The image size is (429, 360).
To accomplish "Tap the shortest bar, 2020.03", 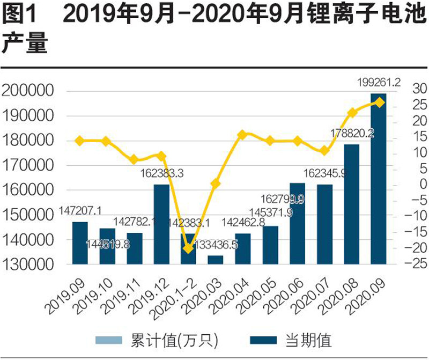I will pos(216,260).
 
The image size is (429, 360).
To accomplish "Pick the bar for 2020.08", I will pos(351,204).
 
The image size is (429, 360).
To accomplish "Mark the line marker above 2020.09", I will pos(379,102).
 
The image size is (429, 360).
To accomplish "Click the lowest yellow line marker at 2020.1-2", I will pos(188,248).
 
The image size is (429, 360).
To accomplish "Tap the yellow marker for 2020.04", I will pos(242,135).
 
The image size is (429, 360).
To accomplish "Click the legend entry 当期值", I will pos(311,340).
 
